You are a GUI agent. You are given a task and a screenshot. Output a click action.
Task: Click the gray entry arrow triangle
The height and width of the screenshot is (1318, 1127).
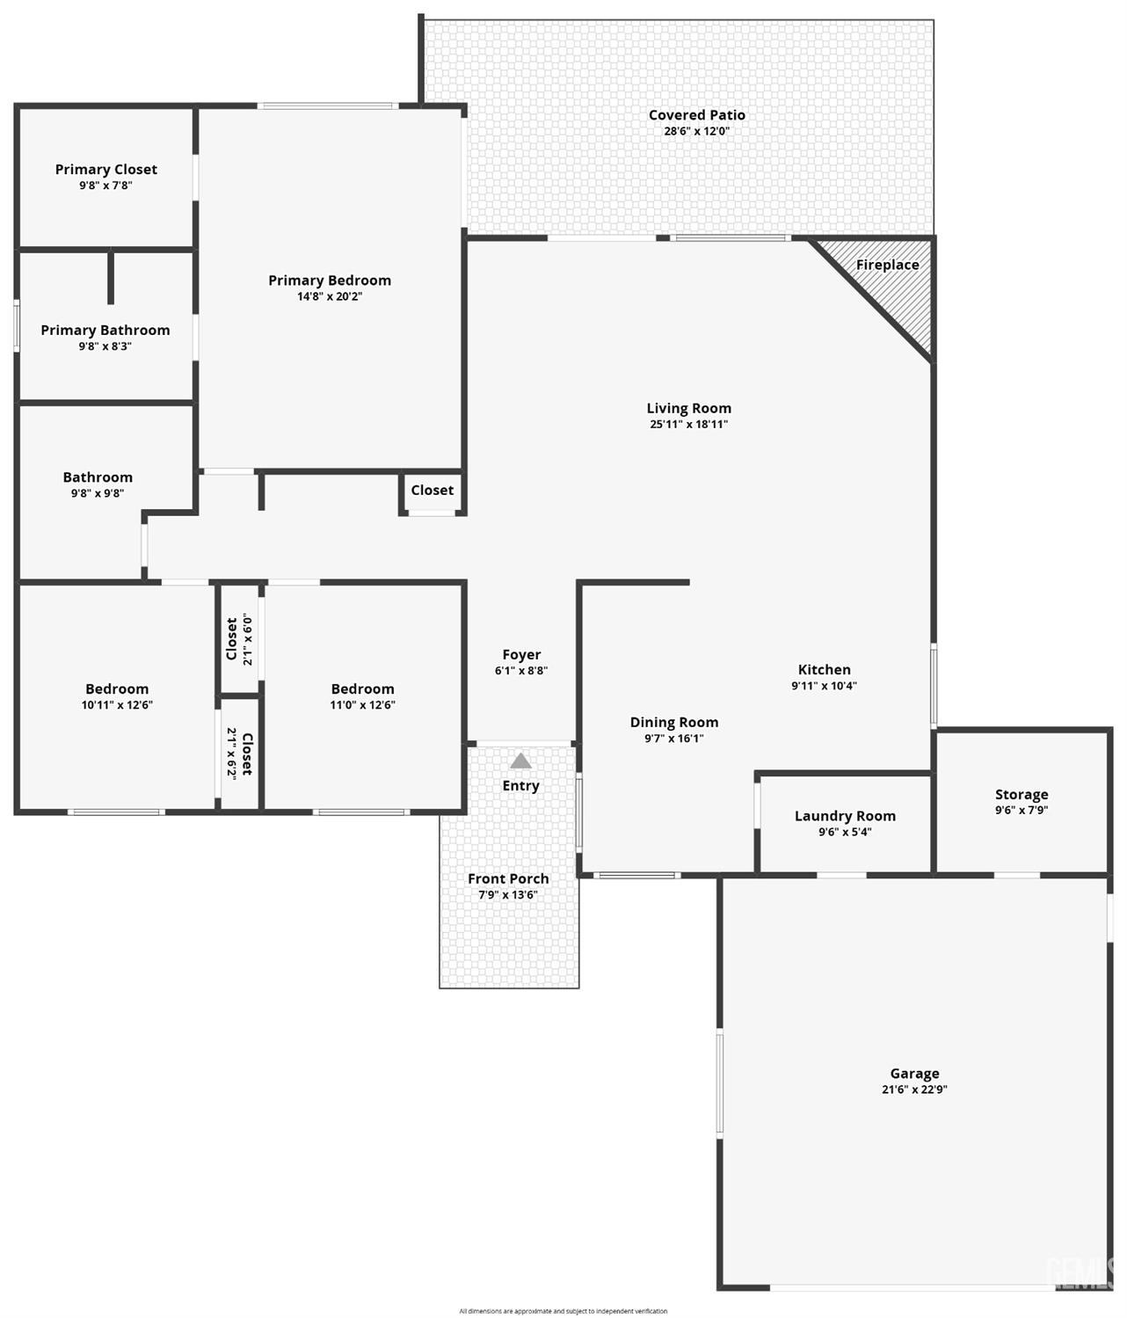[x=520, y=761]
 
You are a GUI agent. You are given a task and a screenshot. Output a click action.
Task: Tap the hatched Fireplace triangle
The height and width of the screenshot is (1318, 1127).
[x=892, y=280]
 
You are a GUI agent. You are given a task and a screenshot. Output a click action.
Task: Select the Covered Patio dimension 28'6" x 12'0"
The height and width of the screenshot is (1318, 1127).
[x=697, y=131]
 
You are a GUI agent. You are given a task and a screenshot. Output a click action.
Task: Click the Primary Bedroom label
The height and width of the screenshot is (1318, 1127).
[x=330, y=280]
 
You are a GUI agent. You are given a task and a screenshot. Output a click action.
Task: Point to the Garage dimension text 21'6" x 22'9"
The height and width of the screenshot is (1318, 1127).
[x=914, y=1089]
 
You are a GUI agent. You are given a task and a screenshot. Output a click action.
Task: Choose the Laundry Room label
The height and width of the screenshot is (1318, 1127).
[x=845, y=816]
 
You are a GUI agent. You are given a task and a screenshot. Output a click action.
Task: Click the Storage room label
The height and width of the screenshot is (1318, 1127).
[x=1022, y=795]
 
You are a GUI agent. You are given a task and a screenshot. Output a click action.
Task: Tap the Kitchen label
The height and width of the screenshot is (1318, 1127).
[x=825, y=669]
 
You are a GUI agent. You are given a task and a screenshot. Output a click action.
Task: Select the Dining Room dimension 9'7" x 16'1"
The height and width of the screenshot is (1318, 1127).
[x=673, y=739]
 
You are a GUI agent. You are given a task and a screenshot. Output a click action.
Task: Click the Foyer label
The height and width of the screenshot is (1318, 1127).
[x=521, y=655]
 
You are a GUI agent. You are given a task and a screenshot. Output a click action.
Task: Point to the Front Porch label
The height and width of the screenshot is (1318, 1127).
[x=508, y=878]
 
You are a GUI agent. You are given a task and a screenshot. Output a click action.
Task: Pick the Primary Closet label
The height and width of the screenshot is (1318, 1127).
[x=105, y=170]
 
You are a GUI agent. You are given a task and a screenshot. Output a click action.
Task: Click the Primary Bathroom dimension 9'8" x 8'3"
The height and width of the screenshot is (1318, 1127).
[x=105, y=346]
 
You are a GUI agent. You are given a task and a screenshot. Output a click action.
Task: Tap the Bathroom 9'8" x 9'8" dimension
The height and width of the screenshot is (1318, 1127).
[x=98, y=493]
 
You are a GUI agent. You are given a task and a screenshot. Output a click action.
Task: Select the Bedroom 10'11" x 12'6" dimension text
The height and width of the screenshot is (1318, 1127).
[x=117, y=704]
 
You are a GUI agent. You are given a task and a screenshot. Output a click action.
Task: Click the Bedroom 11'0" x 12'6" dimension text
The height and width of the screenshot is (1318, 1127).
[x=362, y=704]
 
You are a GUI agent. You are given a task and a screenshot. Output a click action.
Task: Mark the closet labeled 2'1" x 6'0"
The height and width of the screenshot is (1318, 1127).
[x=240, y=639]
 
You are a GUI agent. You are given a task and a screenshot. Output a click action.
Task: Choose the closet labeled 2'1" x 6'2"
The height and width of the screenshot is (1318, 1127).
[x=240, y=754]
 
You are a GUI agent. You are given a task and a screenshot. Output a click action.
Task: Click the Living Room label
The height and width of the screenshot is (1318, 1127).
[x=689, y=408]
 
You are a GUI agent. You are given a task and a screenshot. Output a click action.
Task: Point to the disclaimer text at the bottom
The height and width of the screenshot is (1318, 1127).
[x=563, y=1311]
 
